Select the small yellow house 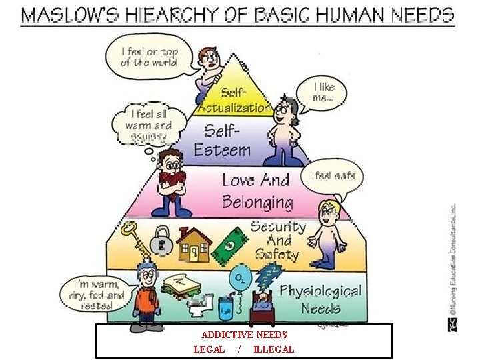194,245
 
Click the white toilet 199,307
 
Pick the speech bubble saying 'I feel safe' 333,177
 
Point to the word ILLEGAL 273,349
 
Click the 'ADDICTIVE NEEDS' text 244,335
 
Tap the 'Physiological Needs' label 320,299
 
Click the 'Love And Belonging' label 257,191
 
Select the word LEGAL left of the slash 209,349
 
